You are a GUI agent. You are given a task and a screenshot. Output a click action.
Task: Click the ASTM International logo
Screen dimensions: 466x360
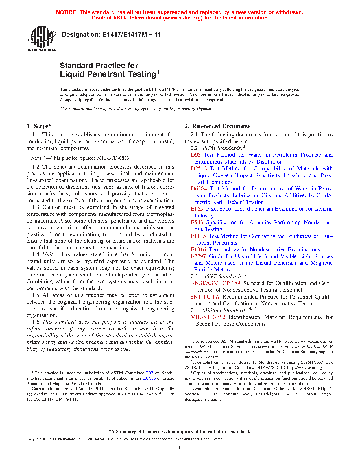tap(42, 39)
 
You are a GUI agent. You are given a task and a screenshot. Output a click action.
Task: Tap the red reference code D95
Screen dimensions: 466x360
tap(196, 155)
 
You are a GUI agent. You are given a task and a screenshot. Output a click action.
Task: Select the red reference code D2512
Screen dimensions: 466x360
tap(198, 169)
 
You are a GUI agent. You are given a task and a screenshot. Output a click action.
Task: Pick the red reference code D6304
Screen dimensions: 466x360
tap(198, 189)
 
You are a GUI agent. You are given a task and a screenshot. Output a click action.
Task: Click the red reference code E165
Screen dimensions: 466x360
tap(197, 209)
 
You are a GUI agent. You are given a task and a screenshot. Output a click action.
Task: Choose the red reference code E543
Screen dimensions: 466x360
tap(197, 223)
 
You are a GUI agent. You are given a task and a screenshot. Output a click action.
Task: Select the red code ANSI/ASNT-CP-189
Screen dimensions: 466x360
tap(215, 283)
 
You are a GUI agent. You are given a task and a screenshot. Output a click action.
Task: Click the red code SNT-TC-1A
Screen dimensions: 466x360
tap(205, 297)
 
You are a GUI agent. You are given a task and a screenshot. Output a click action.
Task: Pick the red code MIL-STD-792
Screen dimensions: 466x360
tap(208, 317)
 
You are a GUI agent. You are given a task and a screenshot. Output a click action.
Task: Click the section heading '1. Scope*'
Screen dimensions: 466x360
tap(39, 126)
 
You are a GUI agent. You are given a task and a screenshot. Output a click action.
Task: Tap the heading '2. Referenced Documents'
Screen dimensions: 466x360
tap(218, 126)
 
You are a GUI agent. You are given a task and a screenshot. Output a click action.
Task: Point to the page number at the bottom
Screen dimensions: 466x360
tap(180, 447)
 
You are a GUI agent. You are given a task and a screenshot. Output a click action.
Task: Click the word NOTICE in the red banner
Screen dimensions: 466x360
tap(67, 12)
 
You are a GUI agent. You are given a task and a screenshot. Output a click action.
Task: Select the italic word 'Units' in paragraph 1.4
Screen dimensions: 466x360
tap(49, 254)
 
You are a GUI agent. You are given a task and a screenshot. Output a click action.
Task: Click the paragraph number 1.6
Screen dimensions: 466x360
tap(36, 322)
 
